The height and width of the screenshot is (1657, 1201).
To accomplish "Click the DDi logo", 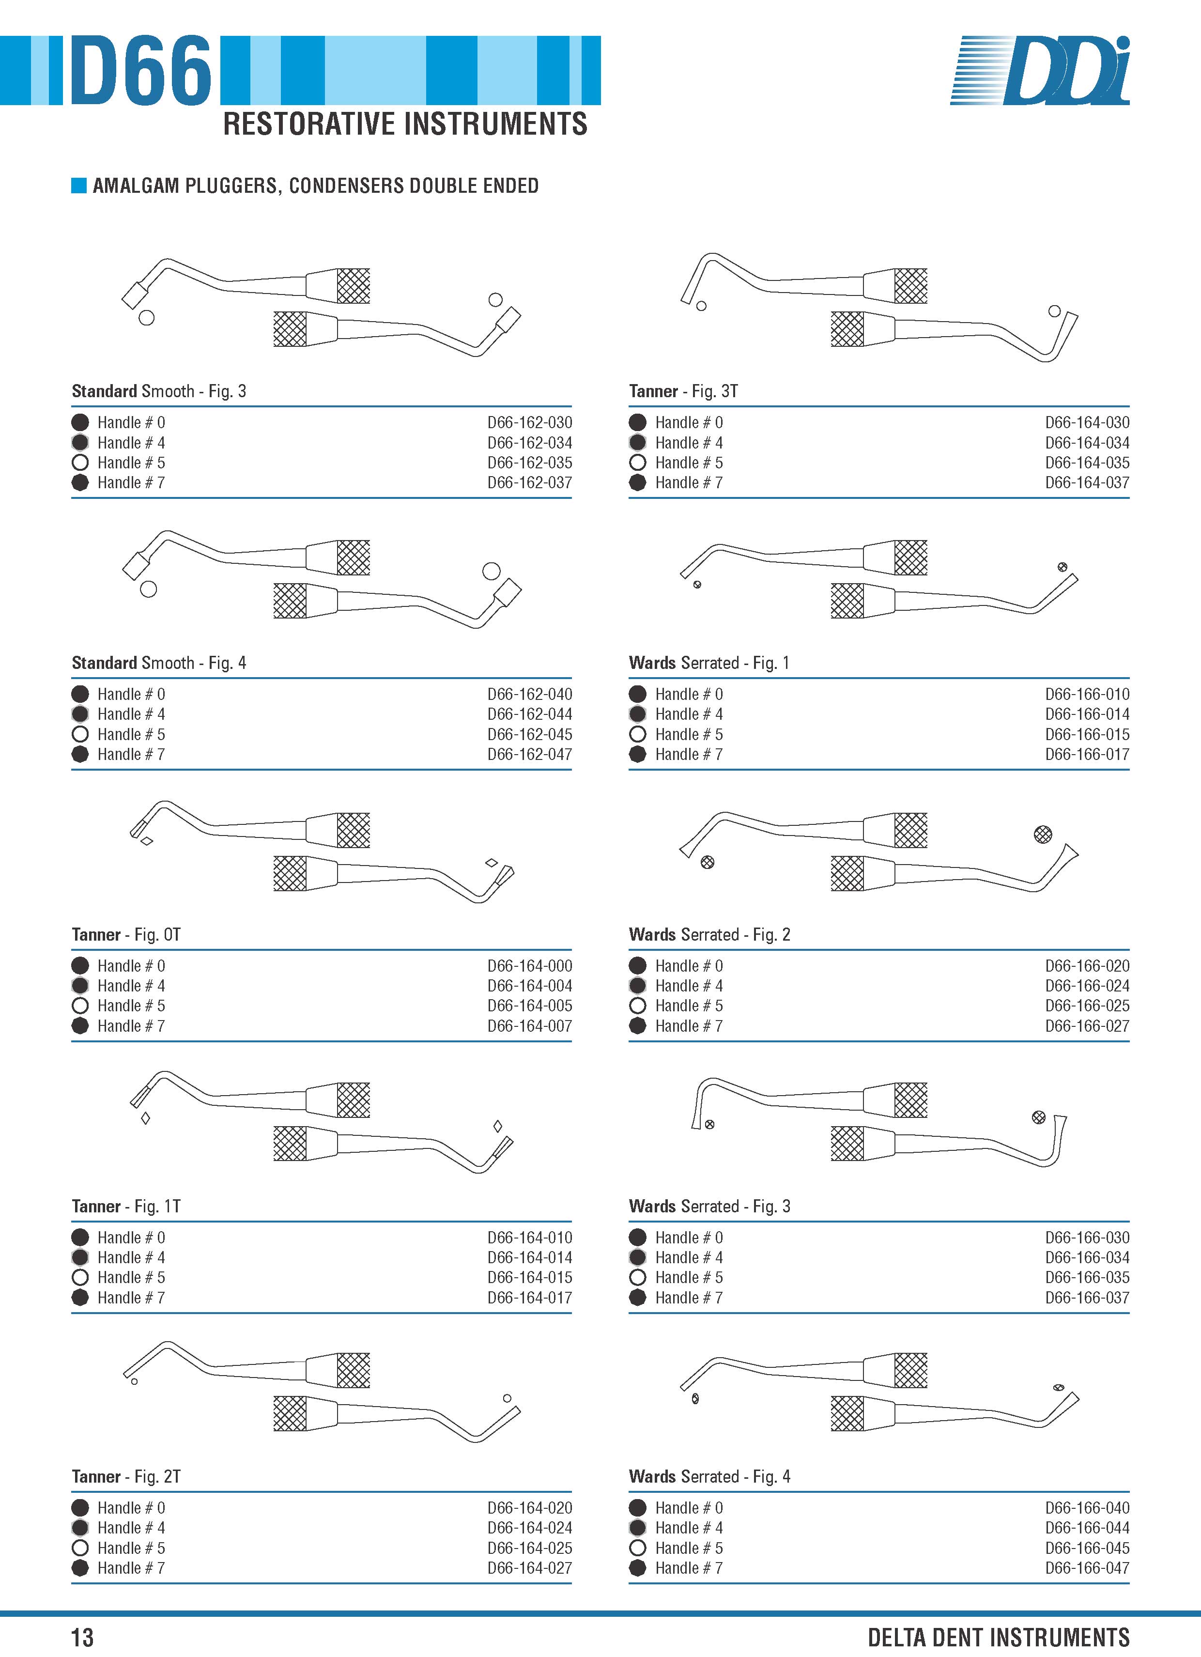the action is tap(1040, 70).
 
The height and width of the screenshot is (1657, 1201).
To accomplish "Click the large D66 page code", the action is tap(141, 70).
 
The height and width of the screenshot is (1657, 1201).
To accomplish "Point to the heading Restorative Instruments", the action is tap(405, 124).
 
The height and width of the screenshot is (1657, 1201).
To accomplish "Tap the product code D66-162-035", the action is tap(530, 463).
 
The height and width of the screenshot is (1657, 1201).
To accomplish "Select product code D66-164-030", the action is tap(1087, 422).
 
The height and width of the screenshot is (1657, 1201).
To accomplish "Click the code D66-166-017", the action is tap(1087, 754).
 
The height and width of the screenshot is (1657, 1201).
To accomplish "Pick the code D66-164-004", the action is tap(530, 986).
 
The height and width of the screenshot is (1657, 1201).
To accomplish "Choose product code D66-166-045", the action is tap(1087, 1548).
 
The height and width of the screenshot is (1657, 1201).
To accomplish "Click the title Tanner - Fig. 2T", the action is tap(125, 1476).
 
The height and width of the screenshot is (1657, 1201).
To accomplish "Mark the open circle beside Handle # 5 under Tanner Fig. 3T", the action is tap(638, 463).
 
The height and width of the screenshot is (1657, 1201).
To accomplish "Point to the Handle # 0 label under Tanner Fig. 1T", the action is tap(132, 1238).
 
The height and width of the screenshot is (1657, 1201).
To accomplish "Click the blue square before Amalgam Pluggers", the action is tap(79, 186).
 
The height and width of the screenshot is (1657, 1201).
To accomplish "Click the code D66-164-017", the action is tap(530, 1298).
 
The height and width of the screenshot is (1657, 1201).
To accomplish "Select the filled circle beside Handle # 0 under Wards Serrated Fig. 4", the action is tap(638, 1508).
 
